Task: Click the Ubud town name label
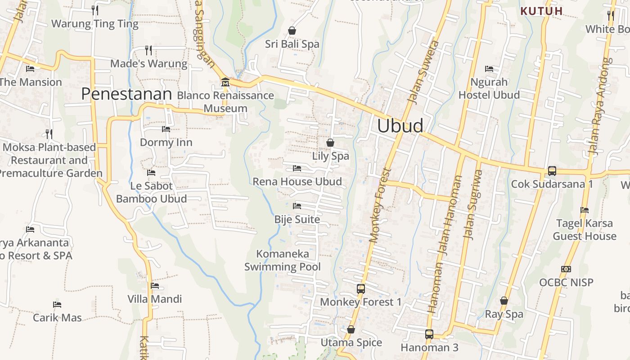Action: click(x=400, y=126)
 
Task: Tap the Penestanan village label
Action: click(x=126, y=94)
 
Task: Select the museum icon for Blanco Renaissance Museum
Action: click(x=225, y=82)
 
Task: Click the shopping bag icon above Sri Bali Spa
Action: click(x=292, y=31)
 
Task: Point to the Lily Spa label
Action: click(x=330, y=156)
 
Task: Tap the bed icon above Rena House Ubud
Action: click(x=297, y=168)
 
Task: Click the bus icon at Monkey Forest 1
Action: click(x=360, y=288)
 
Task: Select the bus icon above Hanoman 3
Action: click(x=429, y=334)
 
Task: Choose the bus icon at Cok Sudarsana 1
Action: click(x=552, y=171)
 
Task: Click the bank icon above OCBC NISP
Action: click(x=566, y=269)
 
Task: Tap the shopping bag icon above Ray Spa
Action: click(x=504, y=301)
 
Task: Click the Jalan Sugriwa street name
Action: click(x=472, y=204)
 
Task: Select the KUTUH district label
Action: click(x=541, y=11)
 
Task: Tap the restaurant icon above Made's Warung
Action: click(x=148, y=50)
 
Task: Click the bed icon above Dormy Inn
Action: click(x=166, y=129)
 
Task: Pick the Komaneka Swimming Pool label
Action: click(x=283, y=260)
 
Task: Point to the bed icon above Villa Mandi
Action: click(x=155, y=285)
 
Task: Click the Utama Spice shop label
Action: click(x=351, y=342)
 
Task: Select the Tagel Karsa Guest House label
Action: click(x=585, y=229)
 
